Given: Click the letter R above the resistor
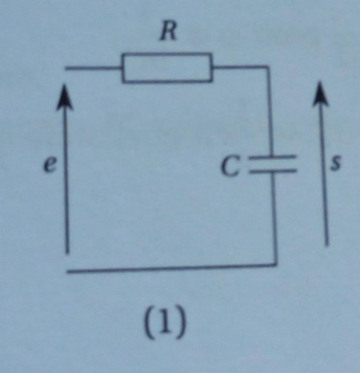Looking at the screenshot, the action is (168, 32).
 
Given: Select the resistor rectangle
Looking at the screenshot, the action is (167, 68).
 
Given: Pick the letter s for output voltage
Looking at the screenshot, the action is (335, 163).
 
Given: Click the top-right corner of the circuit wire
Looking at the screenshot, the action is (268, 67).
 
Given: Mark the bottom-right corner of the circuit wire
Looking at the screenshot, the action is (276, 265).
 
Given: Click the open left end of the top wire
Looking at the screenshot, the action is (66, 68).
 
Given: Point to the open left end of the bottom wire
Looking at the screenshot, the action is (69, 272).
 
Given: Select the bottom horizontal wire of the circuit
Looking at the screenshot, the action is (171, 268).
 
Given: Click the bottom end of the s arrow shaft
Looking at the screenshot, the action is (327, 245).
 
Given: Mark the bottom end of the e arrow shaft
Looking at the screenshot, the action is (67, 252).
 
